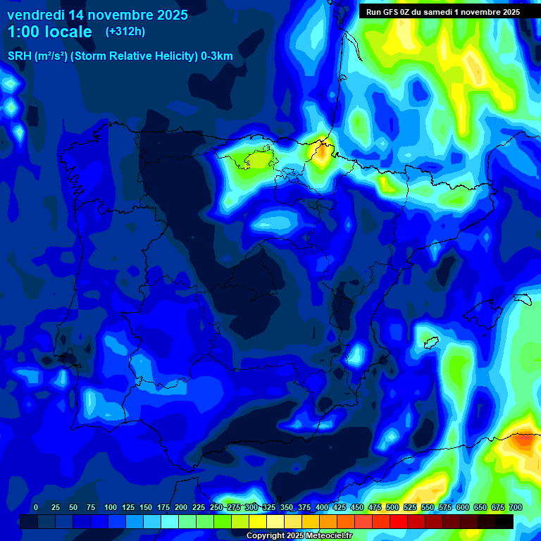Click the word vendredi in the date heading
(x=36, y=15)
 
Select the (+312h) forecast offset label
(x=125, y=31)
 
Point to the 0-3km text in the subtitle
(x=216, y=56)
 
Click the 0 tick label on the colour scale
(x=36, y=508)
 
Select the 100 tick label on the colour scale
(x=111, y=508)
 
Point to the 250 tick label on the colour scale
(x=216, y=508)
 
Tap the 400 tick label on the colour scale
(x=322, y=508)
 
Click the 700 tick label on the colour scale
(x=515, y=508)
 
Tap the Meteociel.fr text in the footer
(x=325, y=536)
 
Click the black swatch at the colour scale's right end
(x=504, y=521)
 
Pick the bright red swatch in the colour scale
(x=399, y=521)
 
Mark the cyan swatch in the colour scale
(x=170, y=521)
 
